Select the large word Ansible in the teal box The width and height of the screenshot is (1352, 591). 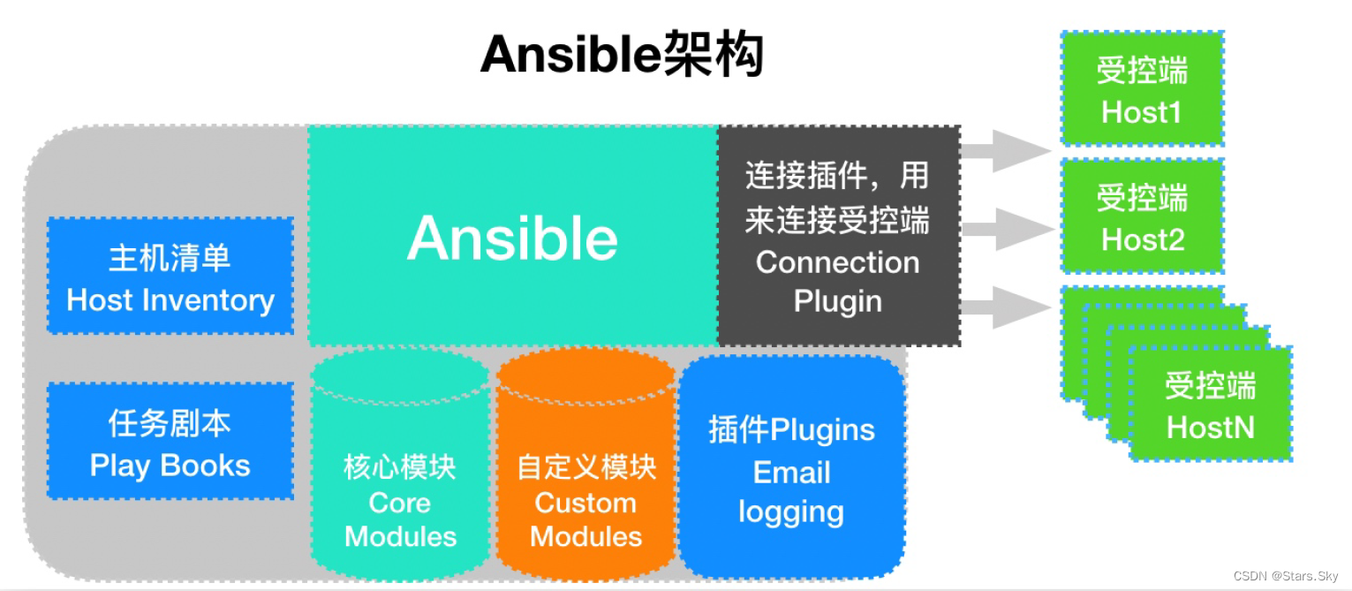pyautogui.click(x=512, y=239)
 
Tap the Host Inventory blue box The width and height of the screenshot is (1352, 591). pyautogui.click(x=170, y=276)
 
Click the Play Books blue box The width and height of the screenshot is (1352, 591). pyautogui.click(x=170, y=442)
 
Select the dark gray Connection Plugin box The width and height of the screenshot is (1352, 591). pyautogui.click(x=837, y=236)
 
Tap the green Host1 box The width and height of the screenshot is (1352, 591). pyautogui.click(x=1142, y=89)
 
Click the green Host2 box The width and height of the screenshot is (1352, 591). pyautogui.click(x=1142, y=216)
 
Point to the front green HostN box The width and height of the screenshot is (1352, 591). pyautogui.click(x=1210, y=405)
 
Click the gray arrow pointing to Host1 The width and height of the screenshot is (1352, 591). pyautogui.click(x=1007, y=151)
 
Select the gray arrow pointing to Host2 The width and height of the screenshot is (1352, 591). pyautogui.click(x=1007, y=229)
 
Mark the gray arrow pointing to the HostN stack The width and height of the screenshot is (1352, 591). pyautogui.click(x=1007, y=307)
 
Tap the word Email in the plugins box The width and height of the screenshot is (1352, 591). pyautogui.click(x=791, y=473)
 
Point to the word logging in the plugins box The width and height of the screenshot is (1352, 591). pyautogui.click(x=791, y=511)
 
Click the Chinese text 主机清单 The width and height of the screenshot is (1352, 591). pyautogui.click(x=170, y=258)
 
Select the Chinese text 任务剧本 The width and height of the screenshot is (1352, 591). pyautogui.click(x=170, y=423)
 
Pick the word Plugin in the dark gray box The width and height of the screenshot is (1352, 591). pyautogui.click(x=837, y=301)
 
